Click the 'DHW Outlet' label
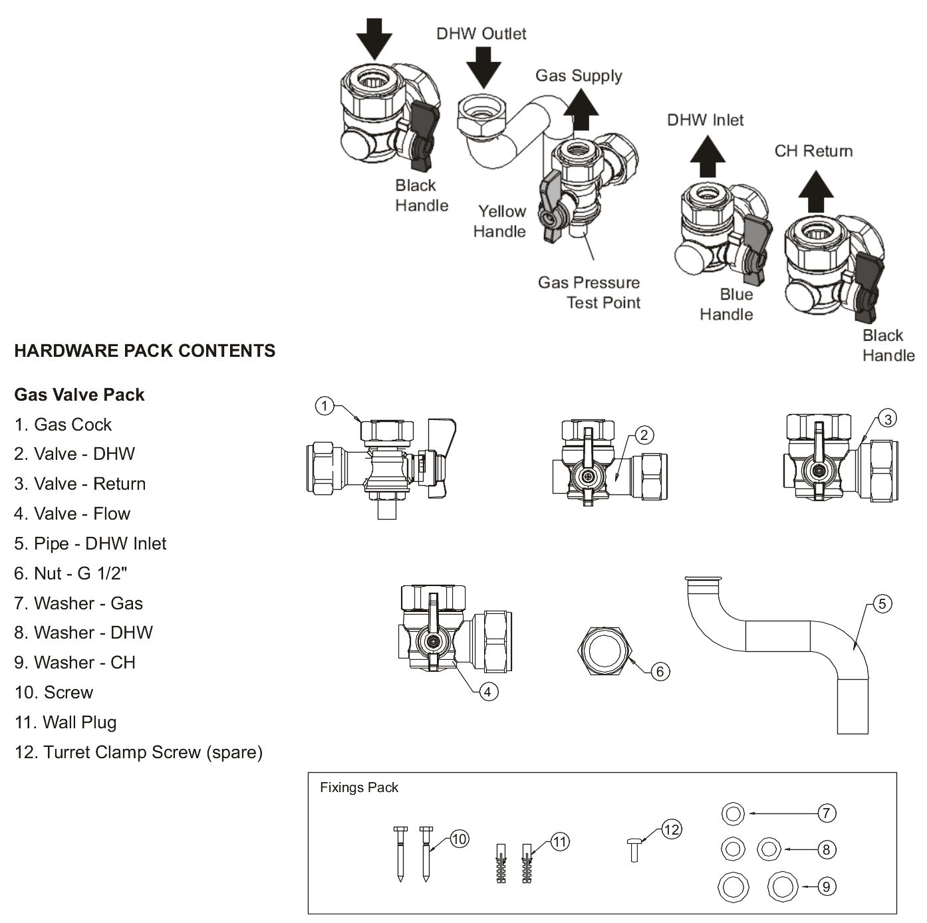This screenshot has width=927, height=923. tap(481, 34)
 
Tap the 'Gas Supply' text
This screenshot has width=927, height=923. tap(579, 76)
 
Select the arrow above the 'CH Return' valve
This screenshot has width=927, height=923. tap(815, 191)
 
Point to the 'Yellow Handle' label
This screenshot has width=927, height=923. tap(499, 221)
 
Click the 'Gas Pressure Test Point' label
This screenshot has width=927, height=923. tap(589, 292)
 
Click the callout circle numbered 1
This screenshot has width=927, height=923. tap(324, 405)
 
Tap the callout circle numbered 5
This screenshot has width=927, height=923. tap(882, 604)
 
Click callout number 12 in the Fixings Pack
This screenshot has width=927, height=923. tap(672, 829)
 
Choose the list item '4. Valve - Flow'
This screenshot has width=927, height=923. tap(72, 514)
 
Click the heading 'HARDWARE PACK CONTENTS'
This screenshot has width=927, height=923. tap(145, 351)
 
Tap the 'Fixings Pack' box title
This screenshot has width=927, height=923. tap(359, 787)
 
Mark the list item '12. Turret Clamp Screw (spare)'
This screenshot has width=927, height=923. tap(138, 752)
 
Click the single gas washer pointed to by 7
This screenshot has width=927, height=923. tap(733, 813)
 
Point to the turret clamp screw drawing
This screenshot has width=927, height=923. tap(634, 850)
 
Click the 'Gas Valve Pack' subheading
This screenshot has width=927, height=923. tap(79, 395)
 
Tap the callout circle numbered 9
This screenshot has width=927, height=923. tap(826, 886)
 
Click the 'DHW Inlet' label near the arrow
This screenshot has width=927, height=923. tap(705, 120)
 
